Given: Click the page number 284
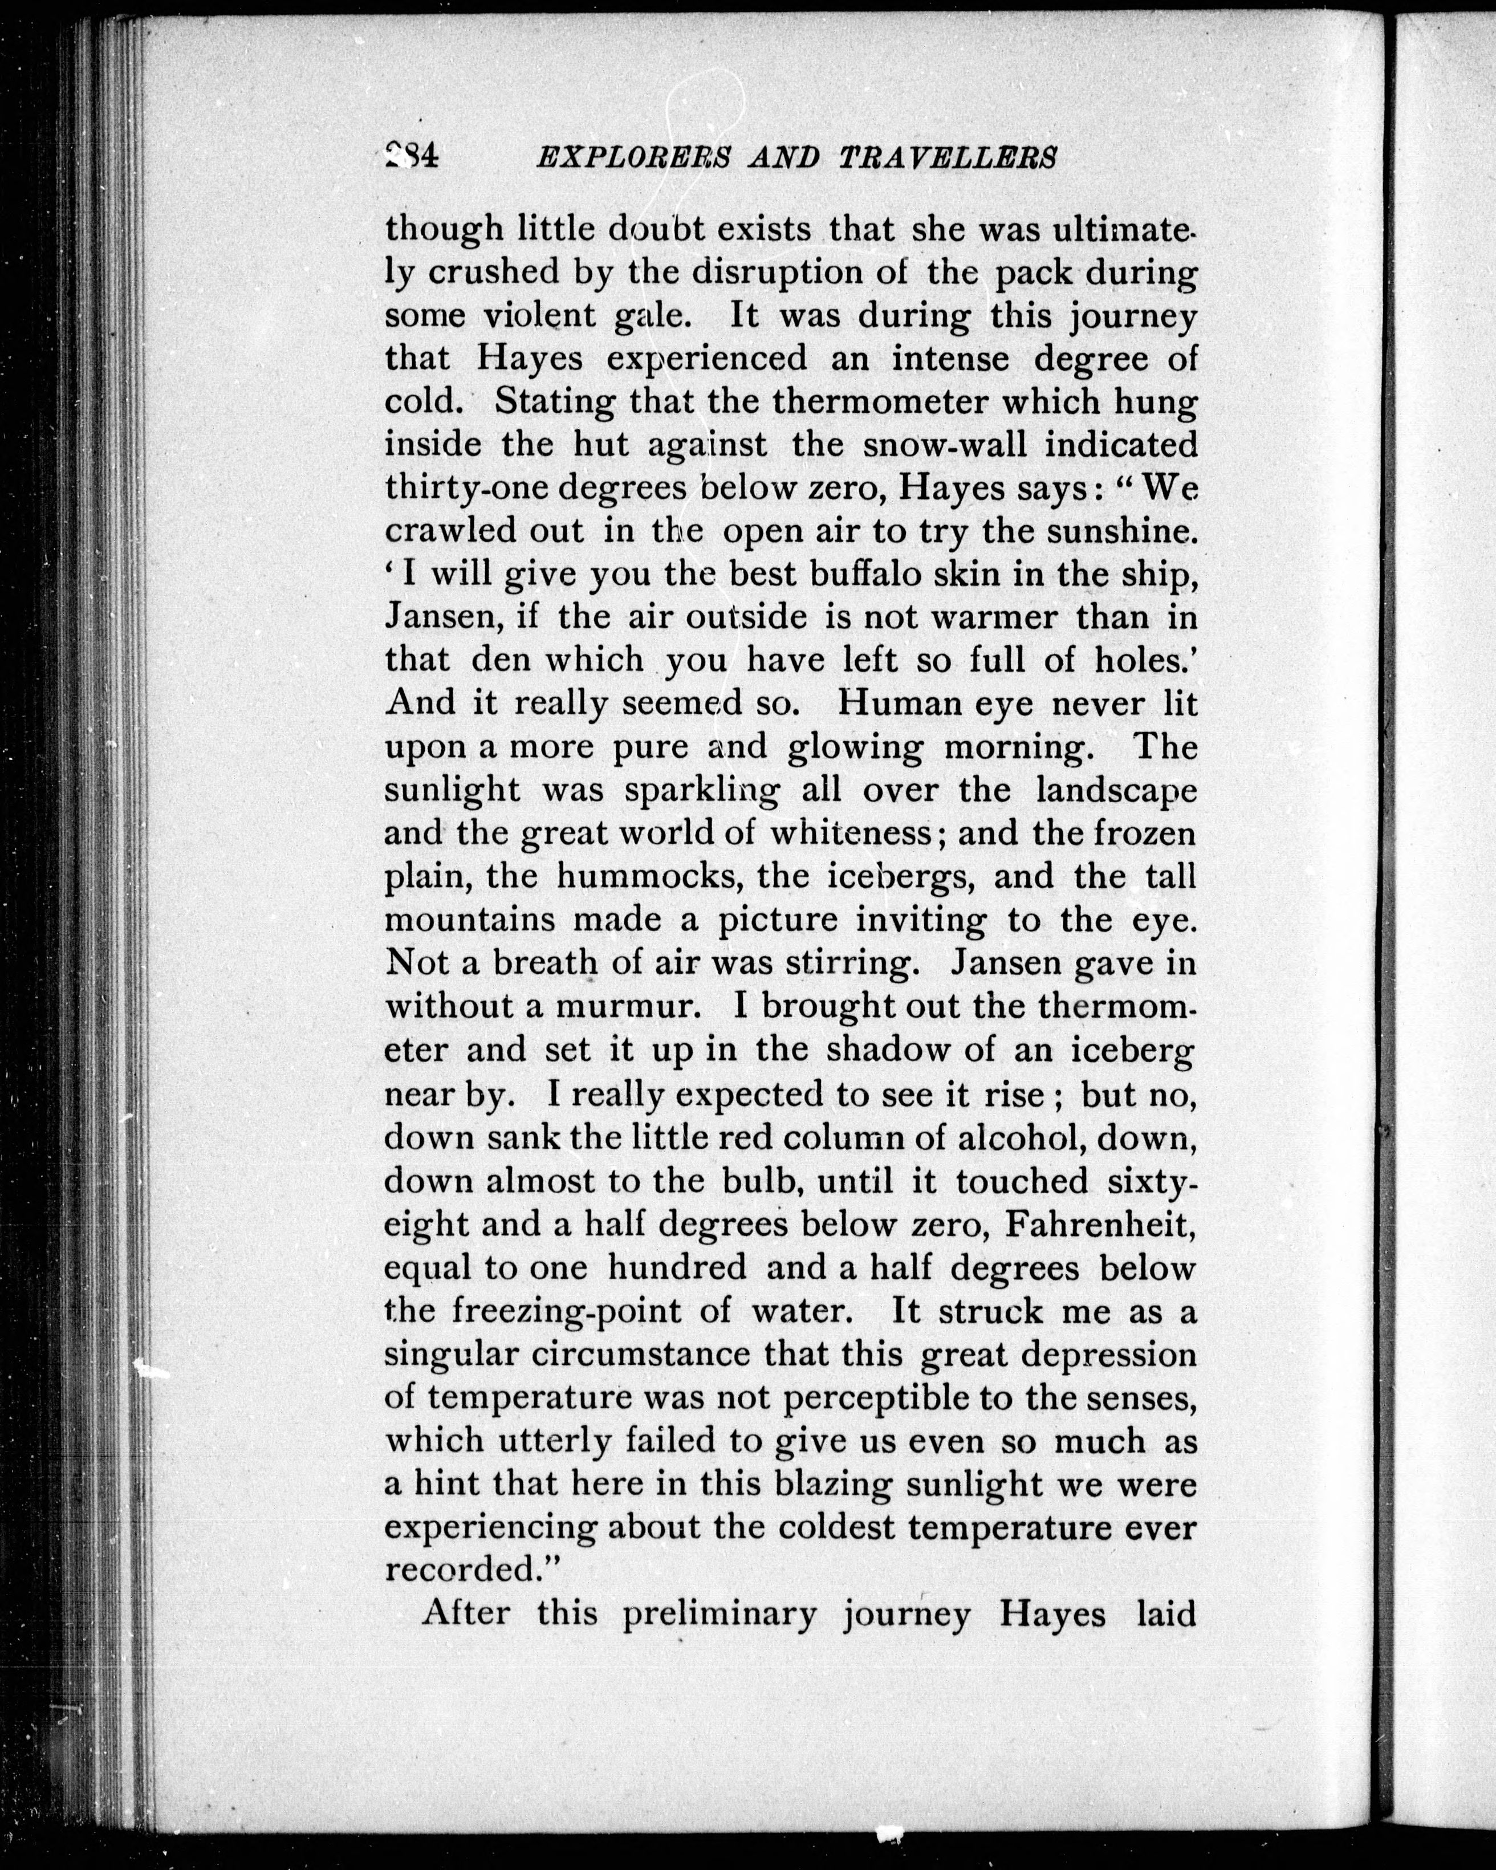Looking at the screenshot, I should tap(413, 156).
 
